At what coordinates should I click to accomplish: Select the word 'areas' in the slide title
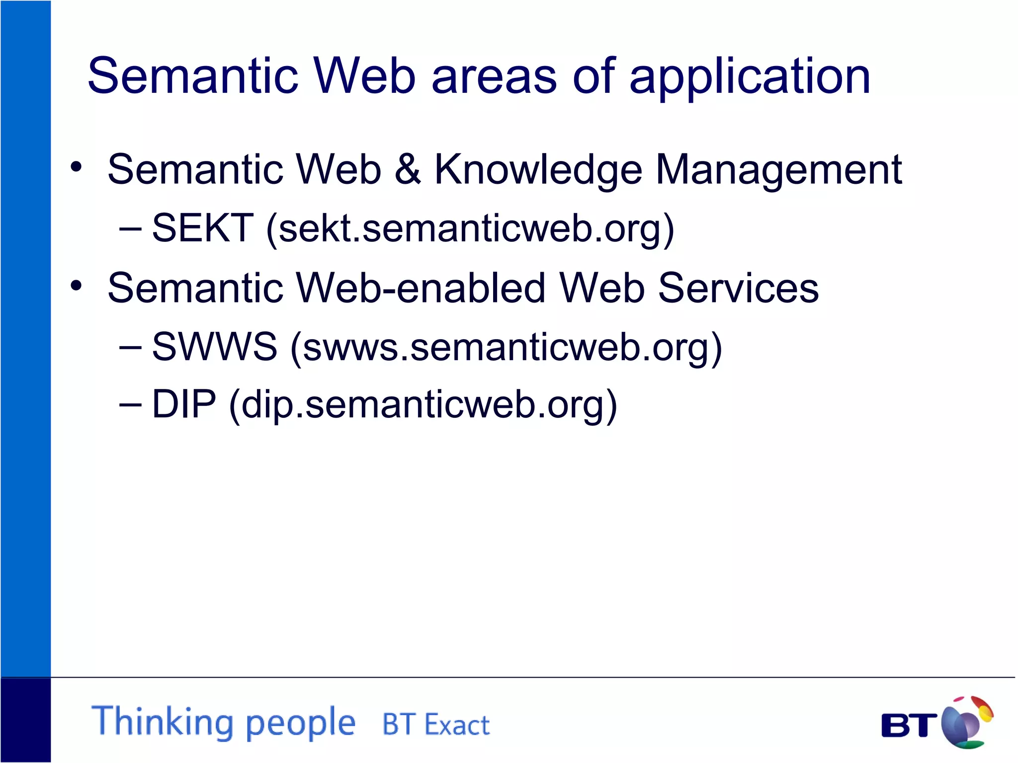pyautogui.click(x=494, y=77)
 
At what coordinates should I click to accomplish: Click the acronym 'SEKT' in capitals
pyautogui.click(x=203, y=228)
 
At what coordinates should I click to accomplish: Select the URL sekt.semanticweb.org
pyautogui.click(x=469, y=229)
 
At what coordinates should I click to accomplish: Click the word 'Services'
pyautogui.click(x=738, y=288)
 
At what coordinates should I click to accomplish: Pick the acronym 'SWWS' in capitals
pyautogui.click(x=214, y=346)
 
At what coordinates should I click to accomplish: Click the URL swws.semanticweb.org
pyautogui.click(x=506, y=347)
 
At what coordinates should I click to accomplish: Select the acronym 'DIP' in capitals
pyautogui.click(x=184, y=404)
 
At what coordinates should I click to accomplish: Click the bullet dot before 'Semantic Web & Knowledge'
pyautogui.click(x=76, y=167)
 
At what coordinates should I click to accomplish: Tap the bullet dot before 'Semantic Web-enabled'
pyautogui.click(x=76, y=286)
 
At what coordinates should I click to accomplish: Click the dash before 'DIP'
pyautogui.click(x=130, y=404)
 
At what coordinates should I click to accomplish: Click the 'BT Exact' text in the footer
pyautogui.click(x=435, y=725)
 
